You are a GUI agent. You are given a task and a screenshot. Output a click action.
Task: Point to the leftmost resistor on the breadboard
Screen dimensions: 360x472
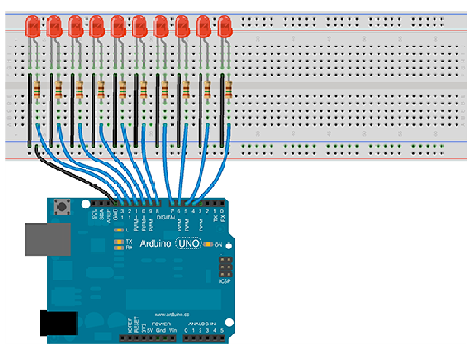(36, 90)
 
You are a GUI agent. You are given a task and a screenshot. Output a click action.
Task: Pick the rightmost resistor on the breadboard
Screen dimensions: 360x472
(228, 90)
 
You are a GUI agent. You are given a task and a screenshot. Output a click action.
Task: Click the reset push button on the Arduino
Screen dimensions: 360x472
(64, 208)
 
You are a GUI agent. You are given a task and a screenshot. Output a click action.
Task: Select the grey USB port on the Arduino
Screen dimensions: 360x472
(48, 239)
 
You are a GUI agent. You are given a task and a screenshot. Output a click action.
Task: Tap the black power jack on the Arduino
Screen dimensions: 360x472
(58, 323)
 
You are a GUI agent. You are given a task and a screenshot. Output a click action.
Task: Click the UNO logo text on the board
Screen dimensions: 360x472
(188, 244)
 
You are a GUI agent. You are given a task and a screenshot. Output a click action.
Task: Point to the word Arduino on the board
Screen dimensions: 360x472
(155, 244)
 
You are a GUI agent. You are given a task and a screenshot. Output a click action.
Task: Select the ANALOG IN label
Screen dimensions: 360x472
(203, 323)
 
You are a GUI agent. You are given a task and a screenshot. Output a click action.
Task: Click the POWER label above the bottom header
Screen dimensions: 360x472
(161, 323)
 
